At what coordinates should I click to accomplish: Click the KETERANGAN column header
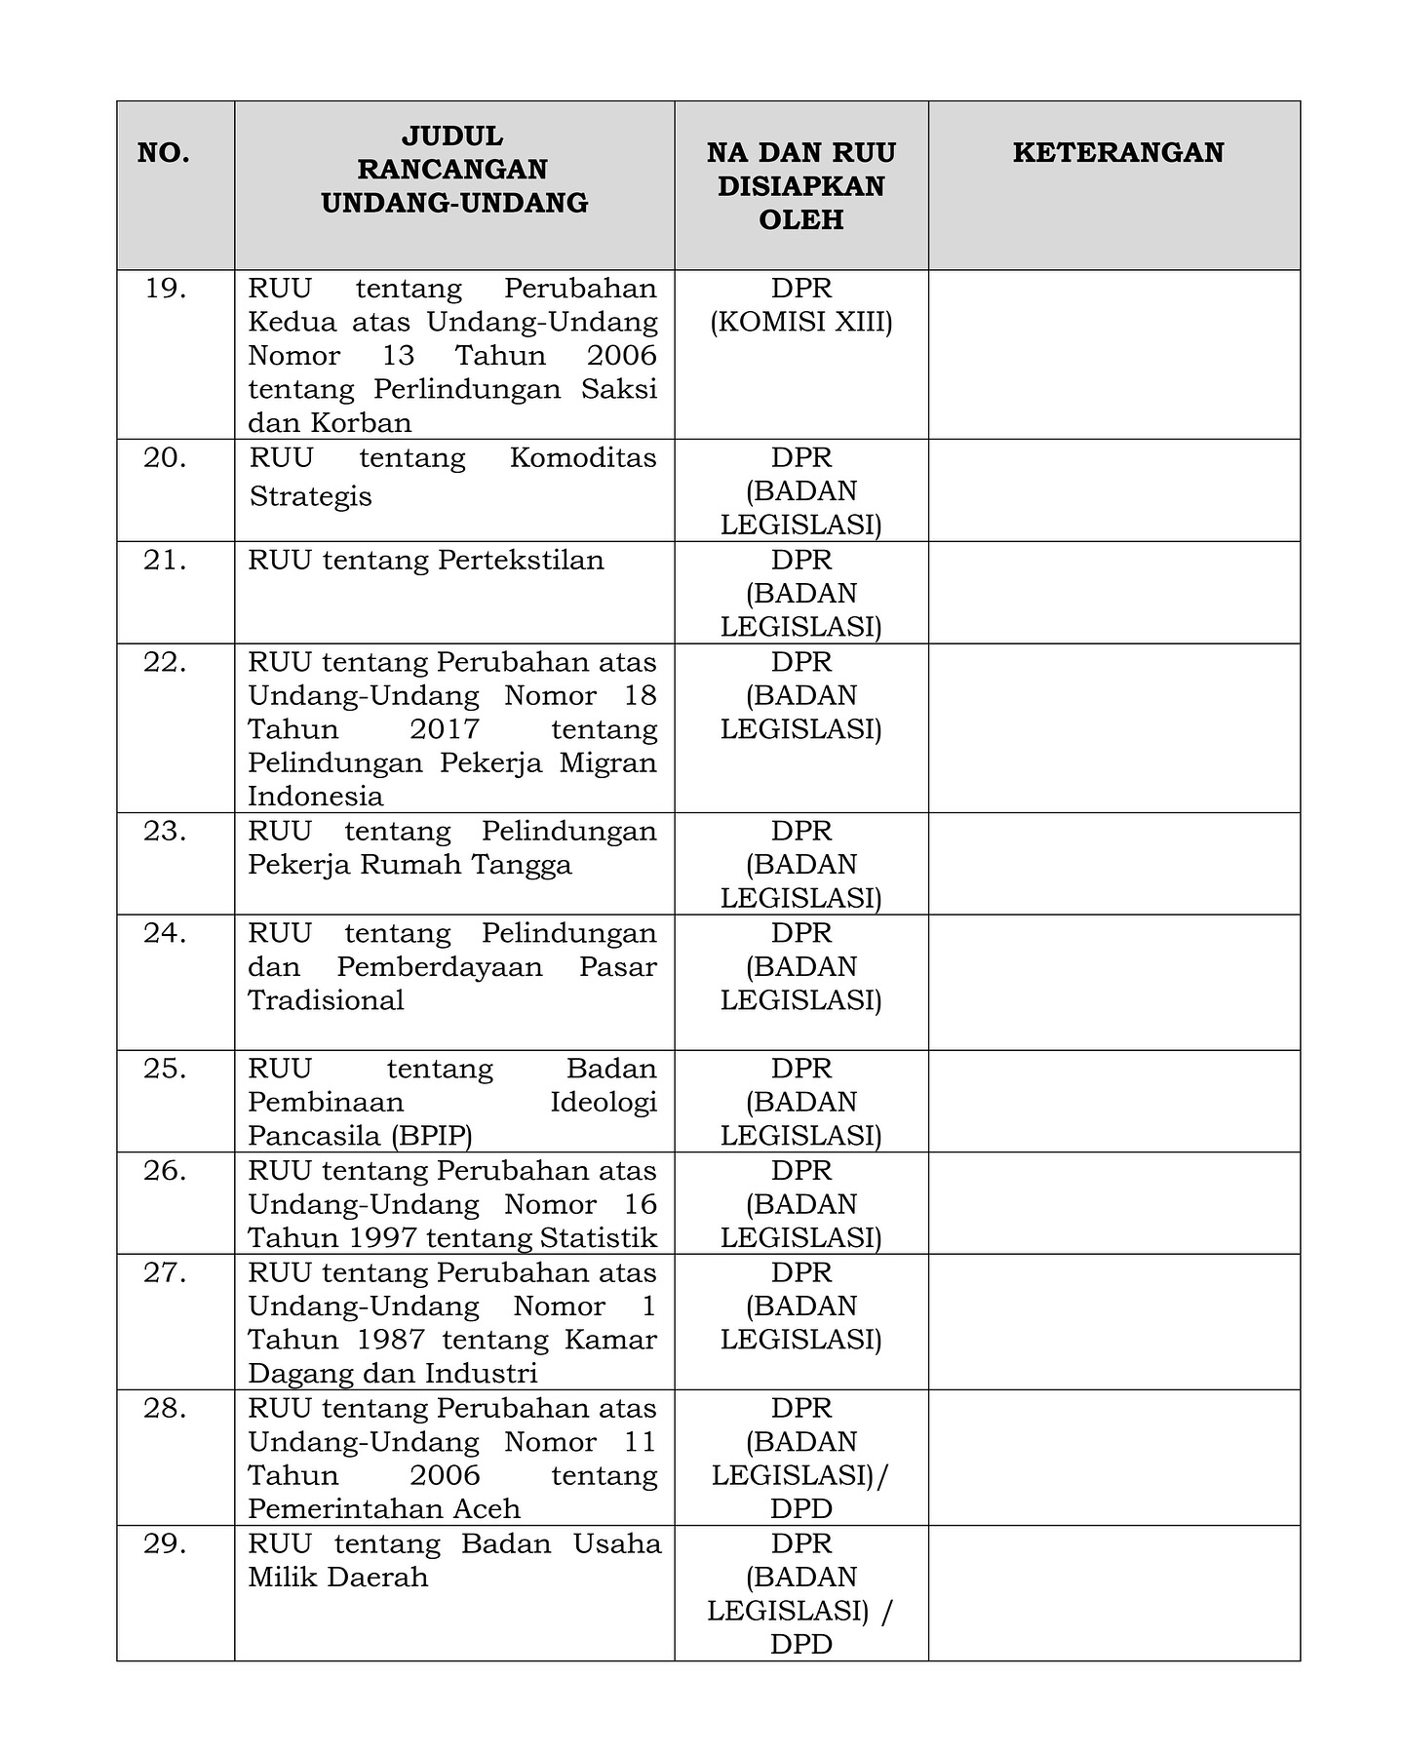[1117, 152]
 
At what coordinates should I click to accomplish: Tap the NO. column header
[164, 153]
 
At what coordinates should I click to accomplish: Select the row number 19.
[166, 289]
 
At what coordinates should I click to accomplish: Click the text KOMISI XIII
[800, 322]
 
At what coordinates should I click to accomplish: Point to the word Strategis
[310, 496]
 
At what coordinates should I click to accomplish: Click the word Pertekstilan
[521, 561]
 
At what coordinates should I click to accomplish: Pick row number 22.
[166, 662]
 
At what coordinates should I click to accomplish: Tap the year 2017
[445, 729]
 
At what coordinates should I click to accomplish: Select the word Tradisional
[326, 1000]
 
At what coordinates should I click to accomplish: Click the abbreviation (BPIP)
[432, 1136]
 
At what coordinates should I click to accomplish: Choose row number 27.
[166, 1272]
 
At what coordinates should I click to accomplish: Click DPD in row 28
[800, 1509]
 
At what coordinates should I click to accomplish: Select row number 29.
[166, 1543]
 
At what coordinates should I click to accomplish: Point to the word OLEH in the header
[800, 219]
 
